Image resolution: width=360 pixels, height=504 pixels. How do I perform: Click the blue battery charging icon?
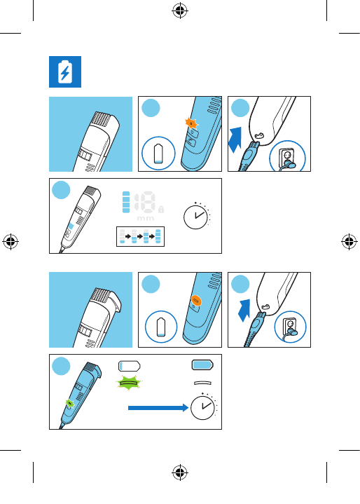(65, 71)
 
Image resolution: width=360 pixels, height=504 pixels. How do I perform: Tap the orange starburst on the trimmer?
(191, 123)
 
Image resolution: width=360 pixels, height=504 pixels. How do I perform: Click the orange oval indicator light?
(196, 301)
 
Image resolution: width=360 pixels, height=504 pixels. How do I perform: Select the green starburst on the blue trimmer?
(69, 403)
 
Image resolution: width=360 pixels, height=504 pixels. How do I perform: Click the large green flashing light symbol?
(128, 383)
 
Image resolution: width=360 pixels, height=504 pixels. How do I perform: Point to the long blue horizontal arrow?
(158, 408)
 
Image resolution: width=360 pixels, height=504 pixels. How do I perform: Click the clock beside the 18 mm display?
(196, 216)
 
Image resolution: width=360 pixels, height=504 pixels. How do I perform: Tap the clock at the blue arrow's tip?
(204, 407)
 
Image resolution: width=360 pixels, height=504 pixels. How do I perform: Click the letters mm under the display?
(146, 218)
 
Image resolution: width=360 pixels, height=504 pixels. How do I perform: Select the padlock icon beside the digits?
(161, 210)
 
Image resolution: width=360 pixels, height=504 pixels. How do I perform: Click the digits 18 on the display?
(145, 202)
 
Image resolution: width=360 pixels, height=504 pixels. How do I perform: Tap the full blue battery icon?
(202, 365)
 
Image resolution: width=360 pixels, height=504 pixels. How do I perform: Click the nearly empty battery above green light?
(130, 366)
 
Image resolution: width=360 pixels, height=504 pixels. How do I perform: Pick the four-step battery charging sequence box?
(140, 236)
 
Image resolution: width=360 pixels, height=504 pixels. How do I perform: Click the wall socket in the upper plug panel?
(287, 156)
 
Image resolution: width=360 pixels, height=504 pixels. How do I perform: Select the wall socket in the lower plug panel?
(290, 327)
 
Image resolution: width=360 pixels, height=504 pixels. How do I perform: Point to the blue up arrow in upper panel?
(235, 139)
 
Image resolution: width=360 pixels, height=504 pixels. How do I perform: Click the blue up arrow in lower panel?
(244, 311)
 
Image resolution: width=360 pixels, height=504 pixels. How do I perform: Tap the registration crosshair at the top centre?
(180, 11)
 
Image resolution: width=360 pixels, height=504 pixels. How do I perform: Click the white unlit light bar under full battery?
(202, 383)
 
